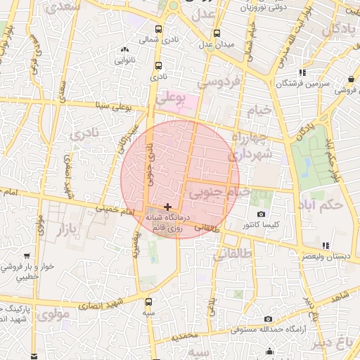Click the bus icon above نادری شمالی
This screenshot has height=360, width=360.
158,30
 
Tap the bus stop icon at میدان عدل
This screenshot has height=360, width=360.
217,34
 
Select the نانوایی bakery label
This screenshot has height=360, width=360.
125,60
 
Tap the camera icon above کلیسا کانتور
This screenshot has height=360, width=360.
262,214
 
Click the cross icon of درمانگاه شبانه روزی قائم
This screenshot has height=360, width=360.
167,207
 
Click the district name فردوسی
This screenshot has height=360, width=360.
219,82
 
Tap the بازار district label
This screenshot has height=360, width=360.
65,229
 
